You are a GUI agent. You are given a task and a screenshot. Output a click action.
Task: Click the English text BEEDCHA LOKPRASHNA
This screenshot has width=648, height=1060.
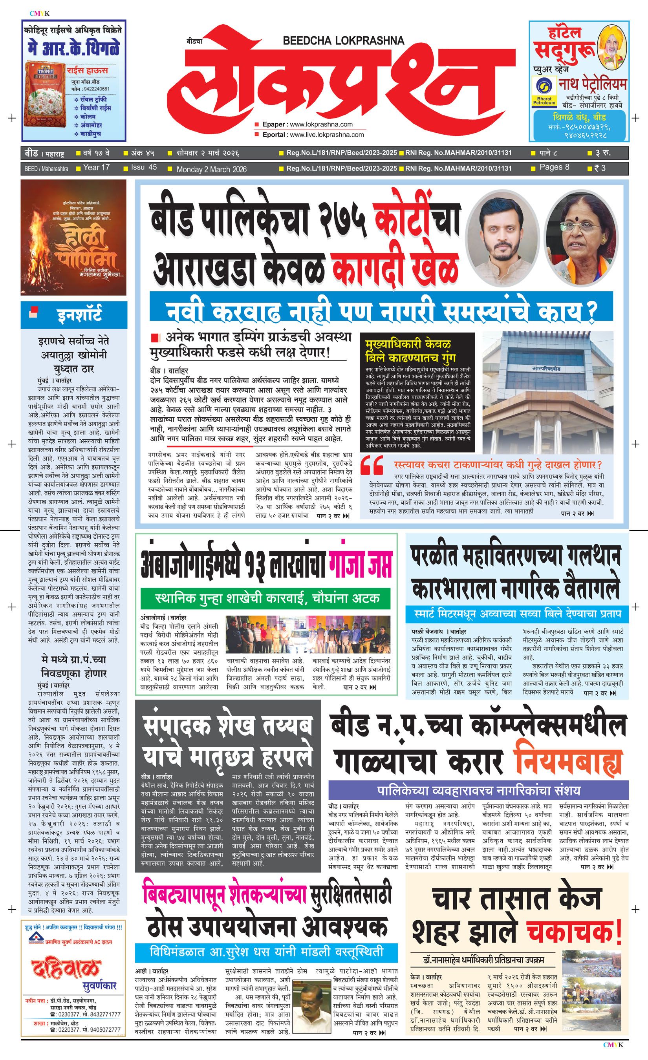343,41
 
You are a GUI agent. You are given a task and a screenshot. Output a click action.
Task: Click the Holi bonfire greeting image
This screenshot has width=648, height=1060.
73,237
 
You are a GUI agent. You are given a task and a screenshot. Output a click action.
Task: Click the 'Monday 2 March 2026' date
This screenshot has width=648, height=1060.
211,169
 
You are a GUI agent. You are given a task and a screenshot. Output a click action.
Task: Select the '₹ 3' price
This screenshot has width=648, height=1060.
599,168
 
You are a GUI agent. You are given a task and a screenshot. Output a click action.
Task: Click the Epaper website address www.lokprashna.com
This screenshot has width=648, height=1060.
321,124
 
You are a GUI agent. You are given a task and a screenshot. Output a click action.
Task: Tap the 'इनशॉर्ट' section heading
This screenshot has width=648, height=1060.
80,315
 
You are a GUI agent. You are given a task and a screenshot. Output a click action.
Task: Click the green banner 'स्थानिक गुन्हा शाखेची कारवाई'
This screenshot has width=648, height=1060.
267,598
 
